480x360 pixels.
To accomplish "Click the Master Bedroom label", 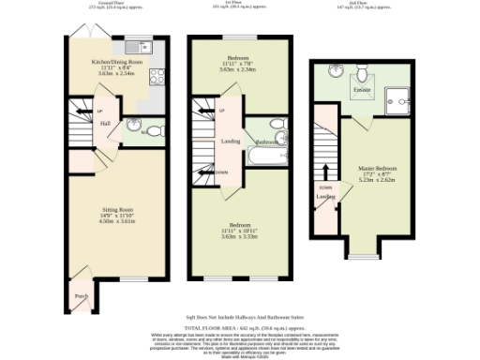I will [378, 168].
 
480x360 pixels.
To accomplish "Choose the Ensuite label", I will [361, 90].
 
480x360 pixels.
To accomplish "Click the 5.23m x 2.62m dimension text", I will [378, 182].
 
